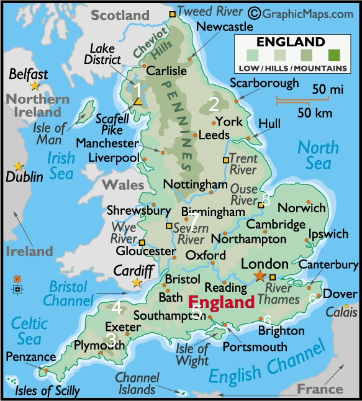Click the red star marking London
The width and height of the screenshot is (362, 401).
point(259,276)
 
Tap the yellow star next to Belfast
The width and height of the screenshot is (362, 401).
point(35,85)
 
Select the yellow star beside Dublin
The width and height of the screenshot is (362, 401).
point(19,166)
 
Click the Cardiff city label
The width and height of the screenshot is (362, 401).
point(133,271)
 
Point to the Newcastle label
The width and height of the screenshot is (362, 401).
point(224,27)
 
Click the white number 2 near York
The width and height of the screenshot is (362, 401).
point(214,104)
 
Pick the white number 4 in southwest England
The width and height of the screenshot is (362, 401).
point(117,307)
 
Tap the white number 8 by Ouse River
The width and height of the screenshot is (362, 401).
point(266,199)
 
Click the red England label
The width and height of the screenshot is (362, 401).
point(221,302)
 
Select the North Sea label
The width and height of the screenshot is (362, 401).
point(318,155)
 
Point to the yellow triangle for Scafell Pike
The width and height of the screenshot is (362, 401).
point(139,101)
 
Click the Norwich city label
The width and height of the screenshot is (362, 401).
point(301,208)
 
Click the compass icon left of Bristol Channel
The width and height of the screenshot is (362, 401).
point(17,287)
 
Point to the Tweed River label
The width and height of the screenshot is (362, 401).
point(211,11)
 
